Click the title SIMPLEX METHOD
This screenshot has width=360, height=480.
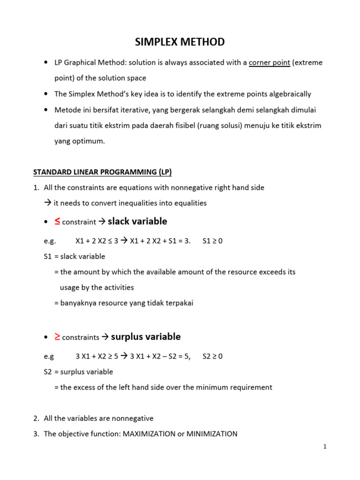(x=180, y=42)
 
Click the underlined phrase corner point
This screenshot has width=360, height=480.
(x=269, y=62)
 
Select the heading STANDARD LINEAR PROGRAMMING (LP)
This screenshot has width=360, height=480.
(x=102, y=172)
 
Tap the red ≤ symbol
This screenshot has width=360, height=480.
(x=57, y=221)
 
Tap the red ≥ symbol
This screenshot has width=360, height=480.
(x=57, y=336)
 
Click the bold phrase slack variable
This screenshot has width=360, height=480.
(x=137, y=221)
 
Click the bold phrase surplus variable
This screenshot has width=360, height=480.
(x=145, y=337)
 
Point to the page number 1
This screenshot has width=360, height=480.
(x=324, y=447)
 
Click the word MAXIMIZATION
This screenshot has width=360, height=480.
(x=149, y=434)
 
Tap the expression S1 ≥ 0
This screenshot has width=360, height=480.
(x=212, y=241)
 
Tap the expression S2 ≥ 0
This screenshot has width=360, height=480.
(x=212, y=356)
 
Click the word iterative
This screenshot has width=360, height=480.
(x=132, y=110)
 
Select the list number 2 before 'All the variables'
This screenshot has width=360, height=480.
(x=36, y=418)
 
